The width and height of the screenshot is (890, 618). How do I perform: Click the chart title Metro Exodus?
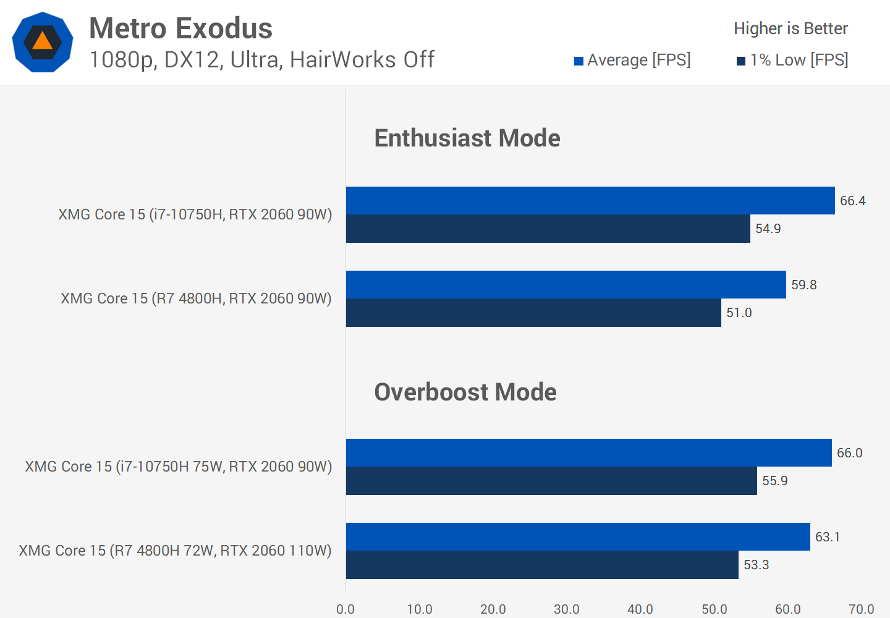pyautogui.click(x=180, y=28)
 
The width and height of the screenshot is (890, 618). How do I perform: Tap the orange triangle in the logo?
pyautogui.click(x=42, y=41)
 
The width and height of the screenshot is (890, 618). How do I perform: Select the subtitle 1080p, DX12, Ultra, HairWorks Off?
pyautogui.click(x=261, y=60)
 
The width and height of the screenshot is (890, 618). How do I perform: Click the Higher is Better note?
pyautogui.click(x=790, y=28)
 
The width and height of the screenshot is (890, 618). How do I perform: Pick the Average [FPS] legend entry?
pyautogui.click(x=632, y=60)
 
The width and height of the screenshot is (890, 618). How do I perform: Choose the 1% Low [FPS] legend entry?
pyautogui.click(x=792, y=60)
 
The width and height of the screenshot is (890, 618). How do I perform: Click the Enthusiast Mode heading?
pyautogui.click(x=467, y=138)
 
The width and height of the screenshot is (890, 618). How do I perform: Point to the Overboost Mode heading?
pyautogui.click(x=465, y=392)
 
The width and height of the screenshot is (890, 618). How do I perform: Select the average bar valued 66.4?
pyautogui.click(x=590, y=200)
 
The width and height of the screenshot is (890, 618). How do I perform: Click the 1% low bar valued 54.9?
pyautogui.click(x=548, y=229)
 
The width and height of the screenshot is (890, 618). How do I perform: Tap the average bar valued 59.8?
pyautogui.click(x=566, y=284)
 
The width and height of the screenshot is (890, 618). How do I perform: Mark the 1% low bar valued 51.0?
pyautogui.click(x=533, y=313)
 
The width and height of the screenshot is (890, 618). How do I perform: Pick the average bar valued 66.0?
pyautogui.click(x=588, y=452)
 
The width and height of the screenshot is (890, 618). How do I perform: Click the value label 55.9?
pyautogui.click(x=774, y=481)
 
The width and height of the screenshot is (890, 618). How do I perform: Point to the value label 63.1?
pyautogui.click(x=828, y=536)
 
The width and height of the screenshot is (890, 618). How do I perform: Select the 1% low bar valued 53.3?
pyautogui.click(x=542, y=565)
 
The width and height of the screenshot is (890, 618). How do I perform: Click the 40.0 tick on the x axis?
pyautogui.click(x=640, y=609)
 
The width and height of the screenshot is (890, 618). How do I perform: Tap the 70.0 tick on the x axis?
pyautogui.click(x=861, y=609)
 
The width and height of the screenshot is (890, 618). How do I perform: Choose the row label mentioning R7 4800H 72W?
pyautogui.click(x=175, y=551)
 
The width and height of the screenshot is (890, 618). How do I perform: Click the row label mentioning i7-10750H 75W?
pyautogui.click(x=178, y=467)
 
